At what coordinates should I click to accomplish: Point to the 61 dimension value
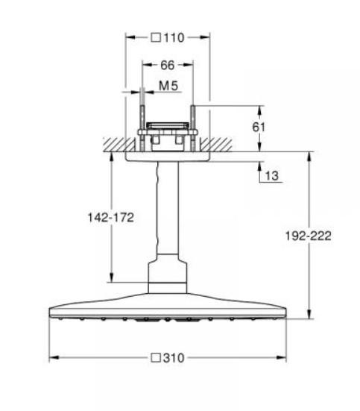[x=259, y=127]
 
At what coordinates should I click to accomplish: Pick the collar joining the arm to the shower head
[x=167, y=276]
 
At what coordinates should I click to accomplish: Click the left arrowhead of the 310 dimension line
[x=53, y=358]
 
